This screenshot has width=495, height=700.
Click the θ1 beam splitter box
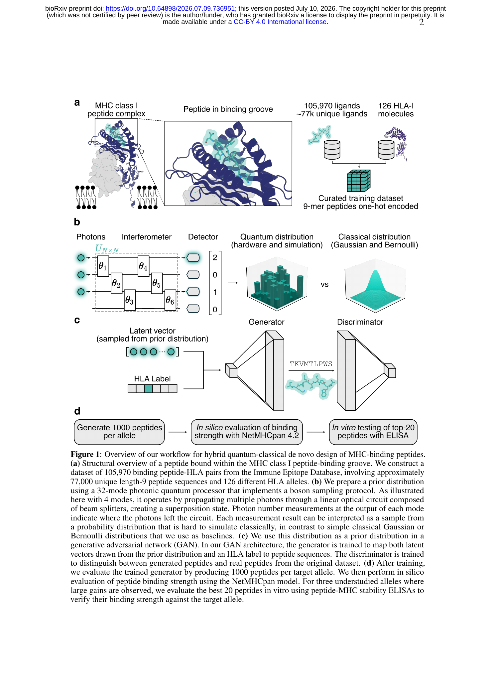(x=103, y=266)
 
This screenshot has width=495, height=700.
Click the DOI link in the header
(x=170, y=8)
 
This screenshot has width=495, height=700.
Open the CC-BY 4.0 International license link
(x=280, y=22)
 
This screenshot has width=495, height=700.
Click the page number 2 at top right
(x=421, y=22)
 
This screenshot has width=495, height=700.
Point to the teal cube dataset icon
(x=359, y=181)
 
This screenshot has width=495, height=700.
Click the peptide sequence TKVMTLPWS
(x=311, y=364)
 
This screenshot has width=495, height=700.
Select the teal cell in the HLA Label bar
(x=148, y=388)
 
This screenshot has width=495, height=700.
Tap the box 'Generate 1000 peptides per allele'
(x=119, y=432)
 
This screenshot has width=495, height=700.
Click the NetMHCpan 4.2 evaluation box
(x=247, y=432)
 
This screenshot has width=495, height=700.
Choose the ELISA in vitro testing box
(x=373, y=432)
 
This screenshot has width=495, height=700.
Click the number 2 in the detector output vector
(x=215, y=257)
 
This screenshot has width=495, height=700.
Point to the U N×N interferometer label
(x=107, y=248)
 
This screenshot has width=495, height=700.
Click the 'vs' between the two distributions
(x=324, y=285)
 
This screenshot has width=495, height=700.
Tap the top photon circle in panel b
(x=81, y=258)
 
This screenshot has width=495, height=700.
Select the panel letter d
(x=77, y=411)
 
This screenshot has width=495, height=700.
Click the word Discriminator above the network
(x=360, y=322)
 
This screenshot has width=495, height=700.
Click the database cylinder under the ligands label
(x=332, y=150)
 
